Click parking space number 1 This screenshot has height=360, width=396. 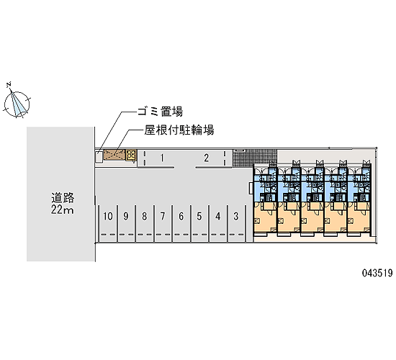click(x=162, y=158)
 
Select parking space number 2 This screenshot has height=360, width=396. click(x=207, y=158)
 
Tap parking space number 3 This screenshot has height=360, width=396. click(x=236, y=216)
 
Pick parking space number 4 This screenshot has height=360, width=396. click(x=217, y=216)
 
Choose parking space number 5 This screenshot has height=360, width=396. click(x=199, y=216)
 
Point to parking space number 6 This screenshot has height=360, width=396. click(x=181, y=216)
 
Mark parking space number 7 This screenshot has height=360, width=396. click(x=163, y=216)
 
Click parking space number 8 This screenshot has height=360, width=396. click(x=144, y=216)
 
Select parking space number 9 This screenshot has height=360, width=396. click(x=126, y=216)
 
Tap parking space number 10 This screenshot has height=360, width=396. click(x=107, y=216)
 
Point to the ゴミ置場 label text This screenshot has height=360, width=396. click(x=160, y=112)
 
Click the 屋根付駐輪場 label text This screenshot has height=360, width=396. click(x=179, y=130)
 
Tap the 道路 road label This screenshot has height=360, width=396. click(x=63, y=198)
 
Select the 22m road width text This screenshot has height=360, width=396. click(x=63, y=210)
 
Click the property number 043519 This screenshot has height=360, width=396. click(x=377, y=273)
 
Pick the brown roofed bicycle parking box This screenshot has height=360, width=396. click(x=114, y=155)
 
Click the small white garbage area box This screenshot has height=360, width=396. click(x=99, y=157)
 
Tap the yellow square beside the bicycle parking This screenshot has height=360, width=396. click(x=131, y=155)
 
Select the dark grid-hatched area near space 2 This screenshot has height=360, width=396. click(x=255, y=157)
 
